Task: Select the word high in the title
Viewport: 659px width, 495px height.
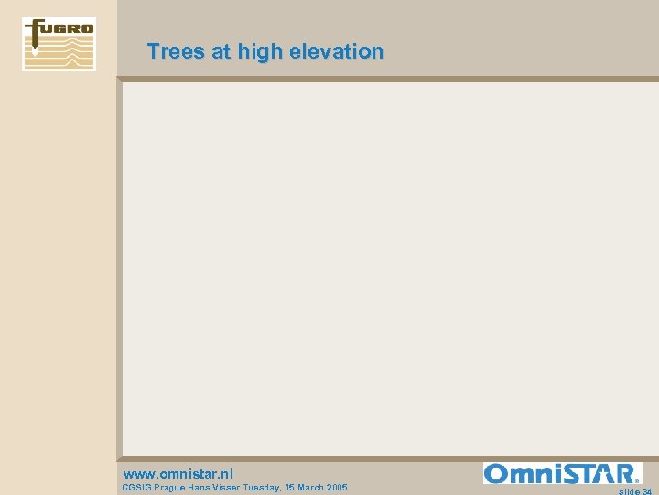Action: (x=260, y=52)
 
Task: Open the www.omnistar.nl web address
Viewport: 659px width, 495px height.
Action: (x=178, y=474)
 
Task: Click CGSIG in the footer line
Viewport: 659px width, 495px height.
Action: (x=138, y=488)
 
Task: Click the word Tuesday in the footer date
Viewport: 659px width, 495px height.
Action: (x=280, y=488)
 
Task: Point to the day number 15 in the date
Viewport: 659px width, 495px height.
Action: (x=308, y=488)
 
